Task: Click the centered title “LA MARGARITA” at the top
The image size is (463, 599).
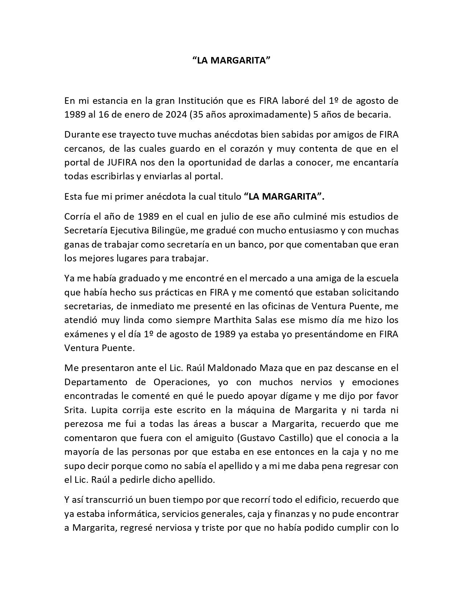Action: (231, 60)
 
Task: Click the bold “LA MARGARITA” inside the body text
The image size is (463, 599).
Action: (284, 196)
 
